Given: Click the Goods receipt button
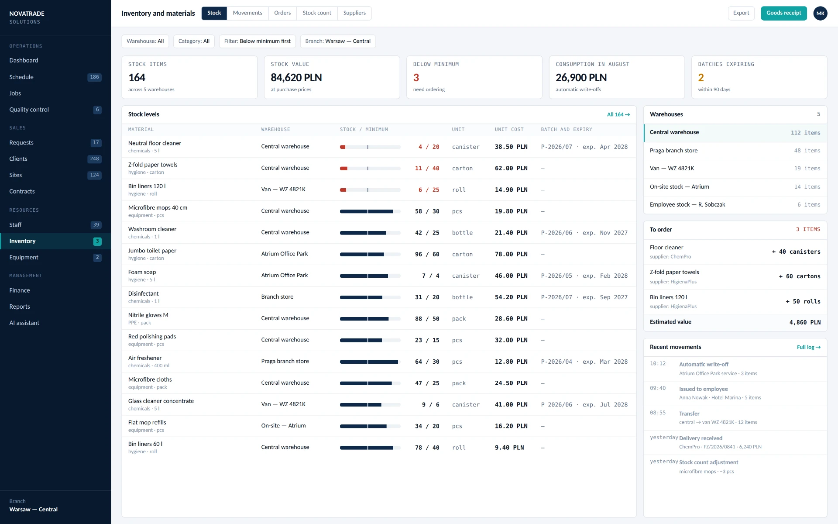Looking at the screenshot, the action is [x=783, y=13].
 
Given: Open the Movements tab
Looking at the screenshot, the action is [x=247, y=13].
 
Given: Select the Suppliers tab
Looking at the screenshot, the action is [x=354, y=13].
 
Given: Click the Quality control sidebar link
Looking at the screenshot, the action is [x=29, y=110].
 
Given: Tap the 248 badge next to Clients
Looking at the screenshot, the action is [x=94, y=159].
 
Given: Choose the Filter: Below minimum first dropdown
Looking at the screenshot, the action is [x=258, y=41].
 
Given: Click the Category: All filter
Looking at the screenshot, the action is [x=194, y=41].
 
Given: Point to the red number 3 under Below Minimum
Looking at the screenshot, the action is [x=416, y=78].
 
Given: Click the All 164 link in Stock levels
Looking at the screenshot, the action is [x=618, y=114].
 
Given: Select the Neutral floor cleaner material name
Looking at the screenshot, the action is [x=155, y=143].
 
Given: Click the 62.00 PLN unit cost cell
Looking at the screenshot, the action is [x=511, y=169].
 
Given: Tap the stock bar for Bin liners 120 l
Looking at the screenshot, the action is [x=370, y=190].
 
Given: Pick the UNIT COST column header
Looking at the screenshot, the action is [x=509, y=130].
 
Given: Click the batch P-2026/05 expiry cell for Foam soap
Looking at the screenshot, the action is [x=584, y=276].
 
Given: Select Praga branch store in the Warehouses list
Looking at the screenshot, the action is [x=673, y=151].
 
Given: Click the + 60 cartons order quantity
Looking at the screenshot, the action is [x=800, y=276].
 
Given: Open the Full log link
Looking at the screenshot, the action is [x=809, y=347].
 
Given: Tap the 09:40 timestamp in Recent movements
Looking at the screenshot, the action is [x=658, y=388].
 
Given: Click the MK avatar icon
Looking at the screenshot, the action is [x=820, y=13].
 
